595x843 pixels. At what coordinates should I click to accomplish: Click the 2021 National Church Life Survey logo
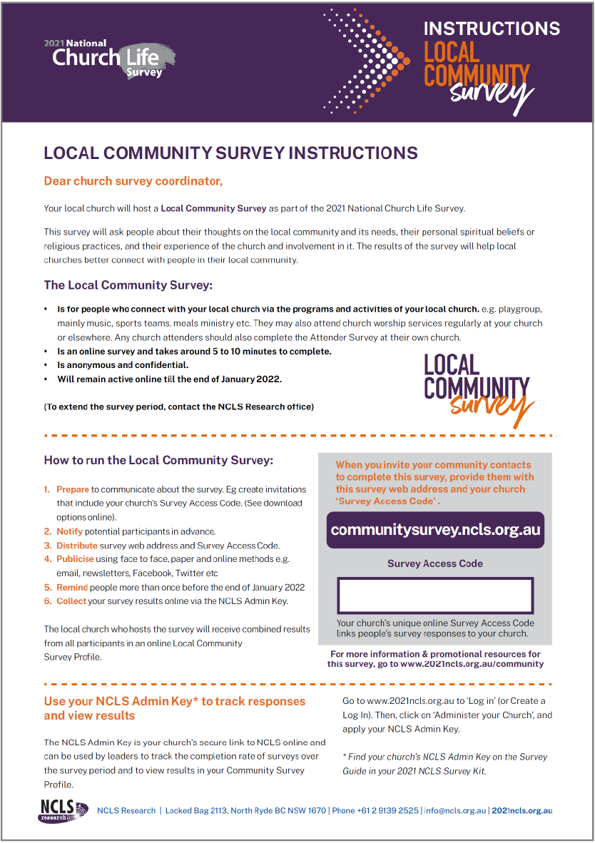(x=109, y=58)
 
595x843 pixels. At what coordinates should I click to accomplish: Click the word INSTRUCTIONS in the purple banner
(x=492, y=29)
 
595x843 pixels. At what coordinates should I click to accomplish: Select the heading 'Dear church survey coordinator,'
(x=133, y=181)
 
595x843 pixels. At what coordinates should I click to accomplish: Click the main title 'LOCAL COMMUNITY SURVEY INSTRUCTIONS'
(x=230, y=153)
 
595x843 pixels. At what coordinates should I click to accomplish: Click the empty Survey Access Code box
(x=435, y=595)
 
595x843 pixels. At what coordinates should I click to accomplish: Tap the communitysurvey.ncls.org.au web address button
(x=435, y=530)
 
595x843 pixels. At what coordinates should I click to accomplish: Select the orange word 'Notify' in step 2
(x=70, y=531)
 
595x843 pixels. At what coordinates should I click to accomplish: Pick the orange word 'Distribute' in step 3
(x=77, y=546)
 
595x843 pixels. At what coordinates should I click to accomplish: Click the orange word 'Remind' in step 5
(x=72, y=588)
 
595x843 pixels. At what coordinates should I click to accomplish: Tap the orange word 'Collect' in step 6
(x=71, y=601)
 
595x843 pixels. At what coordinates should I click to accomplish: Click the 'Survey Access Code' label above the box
(x=435, y=563)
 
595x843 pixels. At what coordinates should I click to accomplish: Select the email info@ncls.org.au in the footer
(x=455, y=810)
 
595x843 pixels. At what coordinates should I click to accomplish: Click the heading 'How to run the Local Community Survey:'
(x=158, y=460)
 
